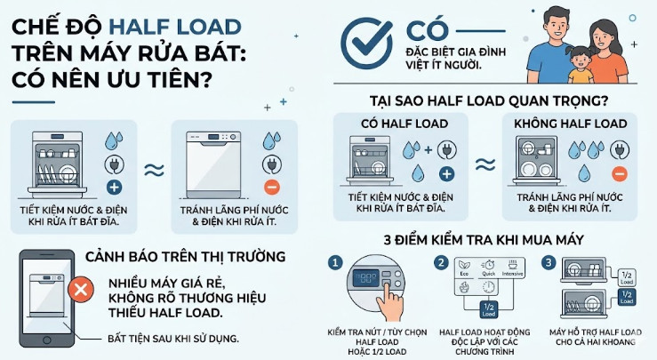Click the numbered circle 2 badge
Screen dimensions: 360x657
coord(441,263)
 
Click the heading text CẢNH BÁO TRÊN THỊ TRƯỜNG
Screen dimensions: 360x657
coord(185,256)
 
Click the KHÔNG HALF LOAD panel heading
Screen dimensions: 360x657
coord(565,123)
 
